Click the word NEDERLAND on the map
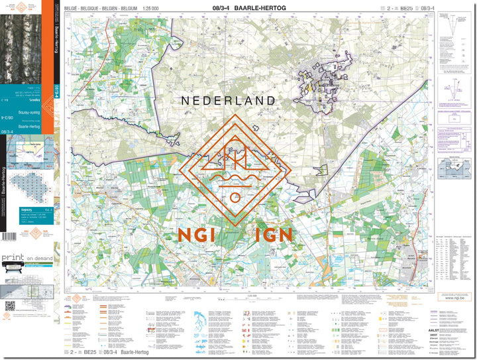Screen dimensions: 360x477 pyautogui.click(x=228, y=101)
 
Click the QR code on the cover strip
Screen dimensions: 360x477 pyautogui.click(x=10, y=306)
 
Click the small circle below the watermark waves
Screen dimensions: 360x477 pyautogui.click(x=235, y=197)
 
